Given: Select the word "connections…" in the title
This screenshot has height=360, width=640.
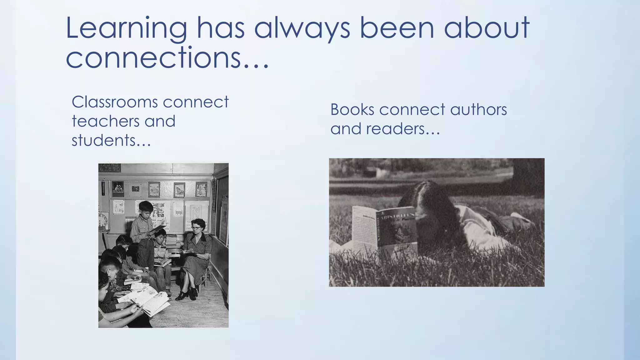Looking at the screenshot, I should tap(167, 58).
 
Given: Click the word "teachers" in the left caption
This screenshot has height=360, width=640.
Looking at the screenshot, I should tap(106, 121).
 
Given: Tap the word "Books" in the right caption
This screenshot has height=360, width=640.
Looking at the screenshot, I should tap(352, 110).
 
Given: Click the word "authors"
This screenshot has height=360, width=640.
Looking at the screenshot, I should tap(478, 110).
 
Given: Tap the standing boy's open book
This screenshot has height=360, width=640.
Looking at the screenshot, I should tap(157, 229).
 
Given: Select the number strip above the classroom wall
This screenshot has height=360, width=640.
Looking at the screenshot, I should tap(109, 167).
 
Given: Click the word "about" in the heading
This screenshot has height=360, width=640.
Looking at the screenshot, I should tap(486, 29).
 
